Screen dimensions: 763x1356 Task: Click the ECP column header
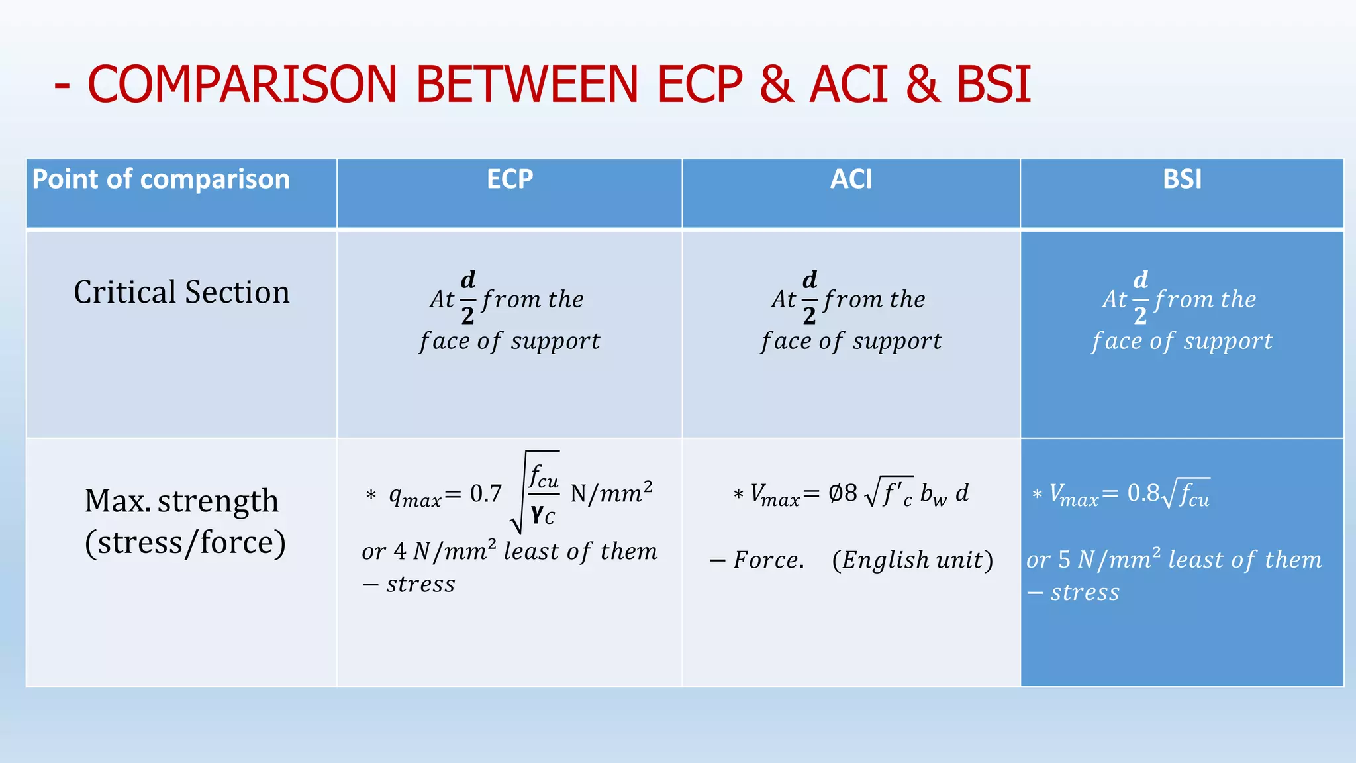point(509,179)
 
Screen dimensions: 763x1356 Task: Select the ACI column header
point(851,179)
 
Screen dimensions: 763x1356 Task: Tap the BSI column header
point(1182,179)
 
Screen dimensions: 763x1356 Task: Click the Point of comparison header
point(161,179)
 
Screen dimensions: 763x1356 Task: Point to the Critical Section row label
point(181,292)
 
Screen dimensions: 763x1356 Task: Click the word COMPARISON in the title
point(242,85)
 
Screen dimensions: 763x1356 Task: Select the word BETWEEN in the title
point(526,85)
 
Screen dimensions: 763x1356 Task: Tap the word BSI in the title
point(993,85)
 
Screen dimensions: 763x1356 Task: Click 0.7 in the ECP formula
point(485,494)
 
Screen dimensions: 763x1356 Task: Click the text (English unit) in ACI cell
point(912,560)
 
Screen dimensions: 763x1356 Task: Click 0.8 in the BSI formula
point(1143,493)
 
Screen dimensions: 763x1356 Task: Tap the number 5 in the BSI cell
point(1064,560)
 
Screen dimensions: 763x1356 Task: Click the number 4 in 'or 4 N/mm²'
point(400,552)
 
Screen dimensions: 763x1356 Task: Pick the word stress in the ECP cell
point(420,584)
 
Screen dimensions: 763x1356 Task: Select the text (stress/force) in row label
point(185,543)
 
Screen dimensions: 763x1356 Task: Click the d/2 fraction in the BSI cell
point(1140,298)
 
